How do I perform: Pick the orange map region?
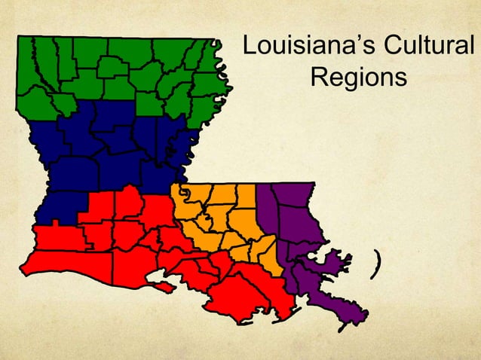(x=226, y=218)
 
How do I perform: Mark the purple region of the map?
(x=294, y=226)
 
